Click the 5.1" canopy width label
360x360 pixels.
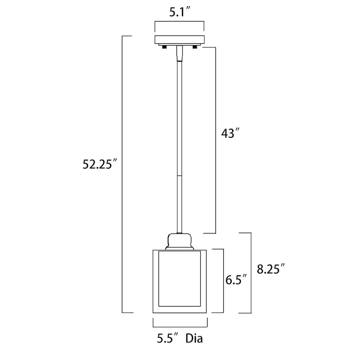179,13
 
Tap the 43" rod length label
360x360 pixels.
230,134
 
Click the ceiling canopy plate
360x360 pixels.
180,39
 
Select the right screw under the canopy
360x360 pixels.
194,46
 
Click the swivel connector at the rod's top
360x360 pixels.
180,54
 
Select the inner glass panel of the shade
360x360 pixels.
180,279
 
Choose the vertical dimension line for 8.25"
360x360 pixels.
250,272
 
